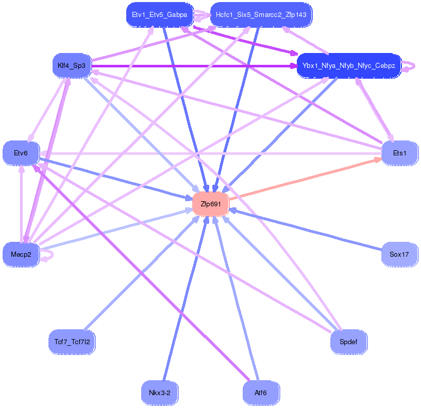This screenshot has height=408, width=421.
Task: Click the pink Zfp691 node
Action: pyautogui.click(x=210, y=204)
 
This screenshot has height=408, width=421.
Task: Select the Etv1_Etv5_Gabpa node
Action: pyautogui.click(x=160, y=14)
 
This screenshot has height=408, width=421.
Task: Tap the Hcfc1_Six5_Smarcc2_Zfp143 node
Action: pyautogui.click(x=261, y=14)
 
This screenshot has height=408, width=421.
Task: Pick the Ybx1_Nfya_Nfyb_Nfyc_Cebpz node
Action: pyautogui.click(x=349, y=65)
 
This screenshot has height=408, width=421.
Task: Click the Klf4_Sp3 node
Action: pyautogui.click(x=72, y=65)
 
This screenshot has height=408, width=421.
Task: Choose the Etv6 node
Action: pyautogui.click(x=21, y=153)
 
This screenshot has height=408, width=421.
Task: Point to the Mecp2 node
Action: pyautogui.click(x=21, y=254)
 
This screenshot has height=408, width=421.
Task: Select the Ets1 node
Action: pyautogui.click(x=399, y=153)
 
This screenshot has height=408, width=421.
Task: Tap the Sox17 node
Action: pyautogui.click(x=399, y=254)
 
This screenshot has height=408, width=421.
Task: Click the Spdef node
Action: pyautogui.click(x=348, y=341)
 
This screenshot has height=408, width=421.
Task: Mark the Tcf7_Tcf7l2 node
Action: pyautogui.click(x=72, y=341)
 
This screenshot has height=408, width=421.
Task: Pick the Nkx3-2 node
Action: pyautogui.click(x=160, y=393)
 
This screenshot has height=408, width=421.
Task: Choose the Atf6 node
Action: pyautogui.click(x=261, y=393)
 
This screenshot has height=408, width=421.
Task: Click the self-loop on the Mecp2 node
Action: pyautogui.click(x=48, y=254)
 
